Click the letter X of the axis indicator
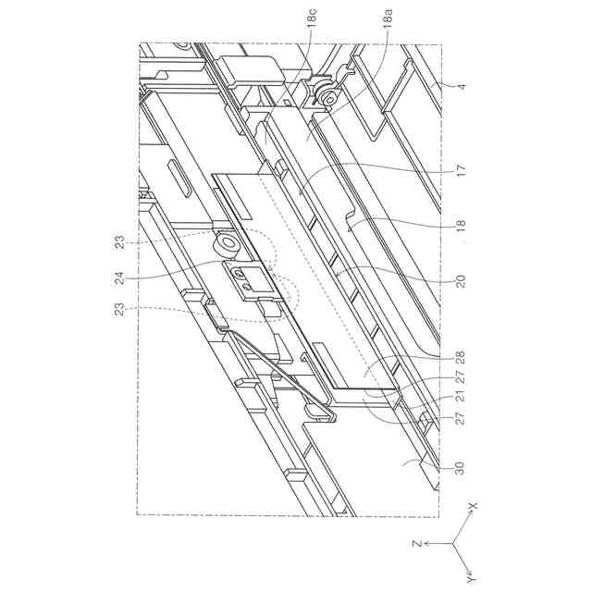(x=472, y=507)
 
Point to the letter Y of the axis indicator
(x=472, y=579)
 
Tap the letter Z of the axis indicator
(x=417, y=545)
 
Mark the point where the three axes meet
(x=453, y=545)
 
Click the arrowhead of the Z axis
(x=427, y=545)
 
